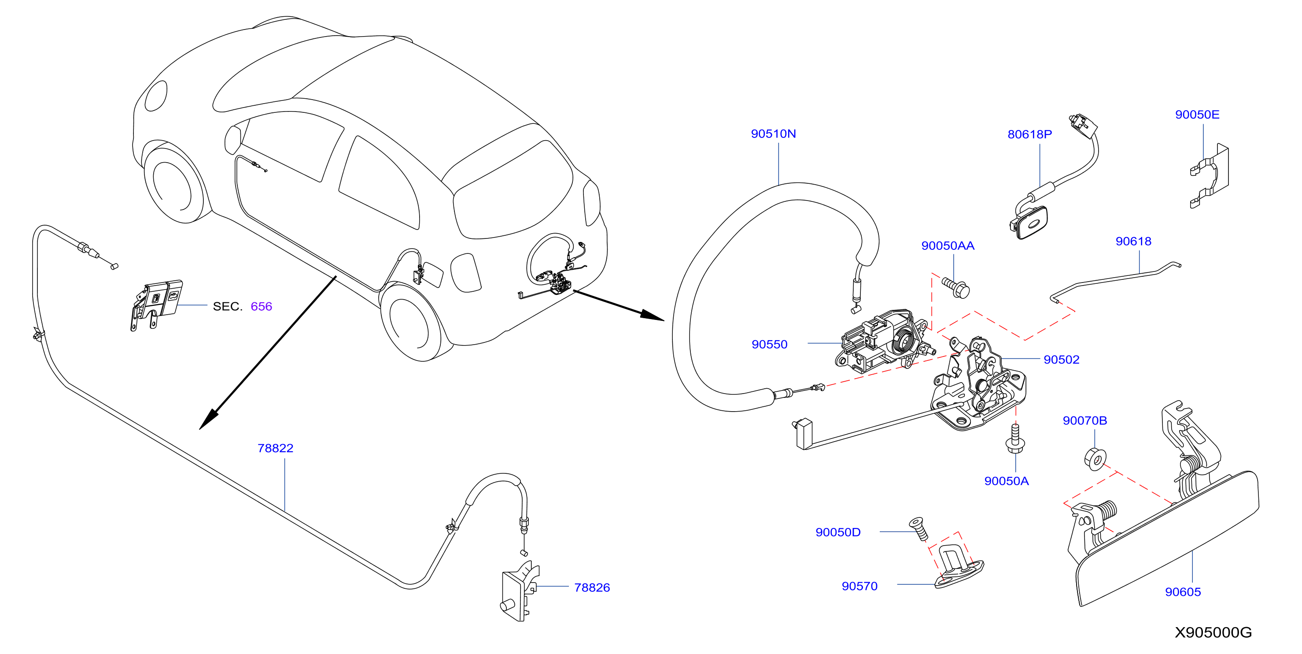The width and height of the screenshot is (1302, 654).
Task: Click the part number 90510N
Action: coord(773,134)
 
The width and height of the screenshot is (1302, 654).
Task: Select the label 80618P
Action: coord(1029,134)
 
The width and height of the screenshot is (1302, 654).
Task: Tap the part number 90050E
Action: coord(1197,115)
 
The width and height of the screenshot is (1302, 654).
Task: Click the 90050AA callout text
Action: coord(948,246)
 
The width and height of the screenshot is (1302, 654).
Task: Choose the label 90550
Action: coord(769,345)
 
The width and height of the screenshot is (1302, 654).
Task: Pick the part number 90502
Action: coord(1062,360)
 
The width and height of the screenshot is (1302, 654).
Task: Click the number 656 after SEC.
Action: coord(261,307)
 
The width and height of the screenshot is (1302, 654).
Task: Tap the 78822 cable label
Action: coord(276,448)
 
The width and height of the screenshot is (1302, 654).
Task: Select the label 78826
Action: coord(592,588)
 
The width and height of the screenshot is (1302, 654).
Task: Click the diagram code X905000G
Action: coord(1213,633)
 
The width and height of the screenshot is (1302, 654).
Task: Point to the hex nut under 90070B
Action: coord(1095,459)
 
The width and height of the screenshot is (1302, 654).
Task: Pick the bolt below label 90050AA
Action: coord(956,288)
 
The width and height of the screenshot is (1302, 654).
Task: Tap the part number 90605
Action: coord(1183,592)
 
